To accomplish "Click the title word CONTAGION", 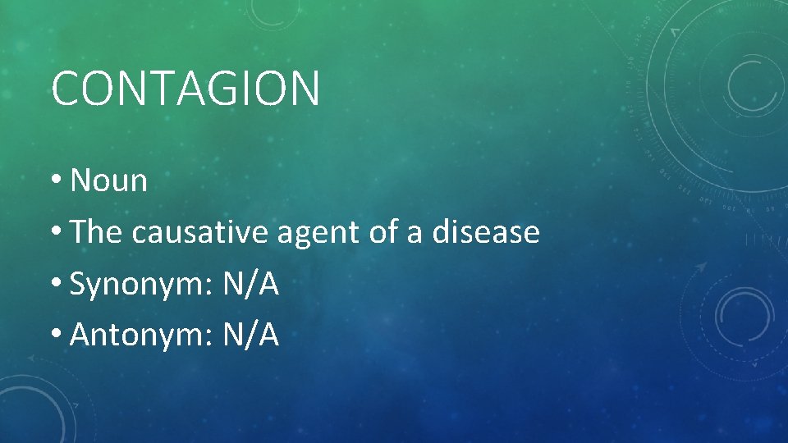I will (x=185, y=89).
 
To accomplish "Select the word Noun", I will (x=109, y=180).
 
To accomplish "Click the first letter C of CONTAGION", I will (x=66, y=89).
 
